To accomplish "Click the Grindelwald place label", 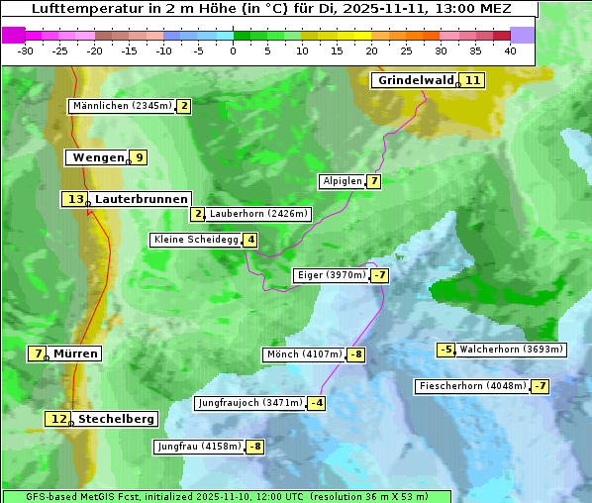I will pos(416,80).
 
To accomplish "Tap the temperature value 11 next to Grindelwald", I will pos(473,80).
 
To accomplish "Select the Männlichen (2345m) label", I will pos(122,106).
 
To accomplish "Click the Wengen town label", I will pos(98,157).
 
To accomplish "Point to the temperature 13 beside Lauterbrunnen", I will pos(75,199).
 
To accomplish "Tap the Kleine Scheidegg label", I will pos(196,240).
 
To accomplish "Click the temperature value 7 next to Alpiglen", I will pos(373,181).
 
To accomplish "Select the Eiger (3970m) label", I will pos(332,275).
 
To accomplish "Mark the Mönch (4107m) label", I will pos(304,354).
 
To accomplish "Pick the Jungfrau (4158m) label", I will pos(199,447).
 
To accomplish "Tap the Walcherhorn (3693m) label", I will pos(511,350).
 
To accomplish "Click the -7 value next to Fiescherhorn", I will pos(540,386).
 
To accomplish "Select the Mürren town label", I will pos(75,353).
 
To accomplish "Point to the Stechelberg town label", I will pos(116,419).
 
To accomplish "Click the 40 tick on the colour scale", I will pos(510,50).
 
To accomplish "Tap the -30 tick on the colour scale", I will pos(26,50).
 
